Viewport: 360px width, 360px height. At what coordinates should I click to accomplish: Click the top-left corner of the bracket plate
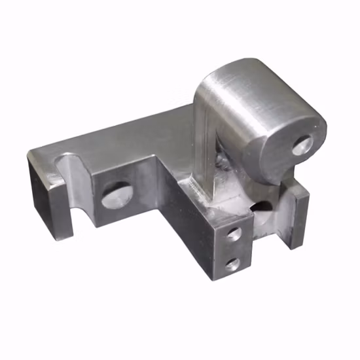[29, 153]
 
